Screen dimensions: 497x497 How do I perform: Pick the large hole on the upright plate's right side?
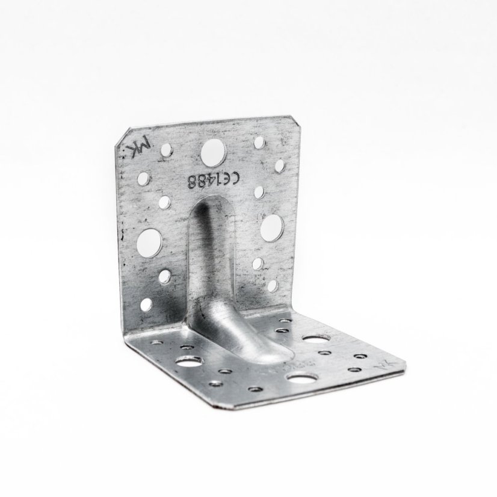point(272,226)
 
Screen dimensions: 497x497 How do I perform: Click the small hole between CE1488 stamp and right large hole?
point(259,192)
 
